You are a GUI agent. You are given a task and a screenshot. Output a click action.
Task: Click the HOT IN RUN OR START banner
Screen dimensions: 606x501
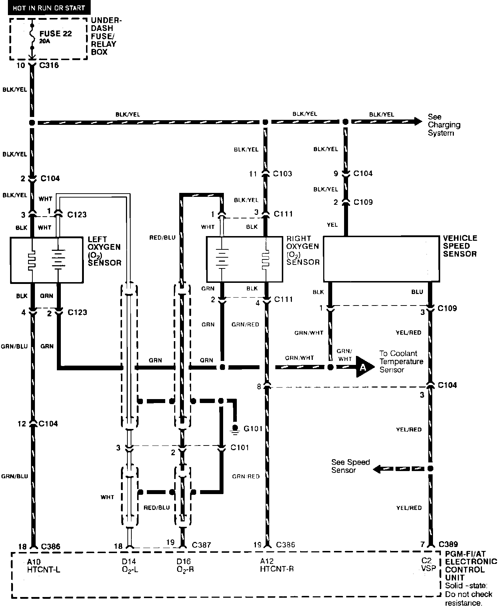(49, 8)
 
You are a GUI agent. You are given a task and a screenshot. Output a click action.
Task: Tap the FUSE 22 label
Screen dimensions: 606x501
(55, 34)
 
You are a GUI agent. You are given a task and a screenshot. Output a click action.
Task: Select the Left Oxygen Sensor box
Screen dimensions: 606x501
(47, 259)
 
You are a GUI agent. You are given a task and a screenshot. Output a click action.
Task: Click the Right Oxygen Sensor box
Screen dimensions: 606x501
(244, 259)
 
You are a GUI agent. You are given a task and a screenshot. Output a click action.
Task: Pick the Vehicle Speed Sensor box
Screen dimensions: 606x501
(381, 259)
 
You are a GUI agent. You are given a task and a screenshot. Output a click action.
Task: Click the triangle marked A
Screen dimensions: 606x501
(363, 367)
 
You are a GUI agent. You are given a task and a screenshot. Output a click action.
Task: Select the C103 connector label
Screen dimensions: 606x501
(283, 174)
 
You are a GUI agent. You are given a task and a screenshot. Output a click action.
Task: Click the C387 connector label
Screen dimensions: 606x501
(202, 545)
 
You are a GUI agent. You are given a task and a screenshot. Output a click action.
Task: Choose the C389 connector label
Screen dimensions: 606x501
(448, 544)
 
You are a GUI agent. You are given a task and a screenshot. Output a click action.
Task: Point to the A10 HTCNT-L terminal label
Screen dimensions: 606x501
(43, 565)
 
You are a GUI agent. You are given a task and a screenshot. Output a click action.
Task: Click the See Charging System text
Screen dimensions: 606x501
(444, 125)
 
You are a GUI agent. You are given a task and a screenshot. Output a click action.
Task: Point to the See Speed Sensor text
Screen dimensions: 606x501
(350, 466)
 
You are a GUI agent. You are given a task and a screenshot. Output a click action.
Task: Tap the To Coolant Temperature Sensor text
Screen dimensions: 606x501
(401, 361)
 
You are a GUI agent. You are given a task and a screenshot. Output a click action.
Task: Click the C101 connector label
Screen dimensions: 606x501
(240, 447)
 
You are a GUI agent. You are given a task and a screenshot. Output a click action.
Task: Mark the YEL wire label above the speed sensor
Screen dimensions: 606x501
(332, 225)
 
